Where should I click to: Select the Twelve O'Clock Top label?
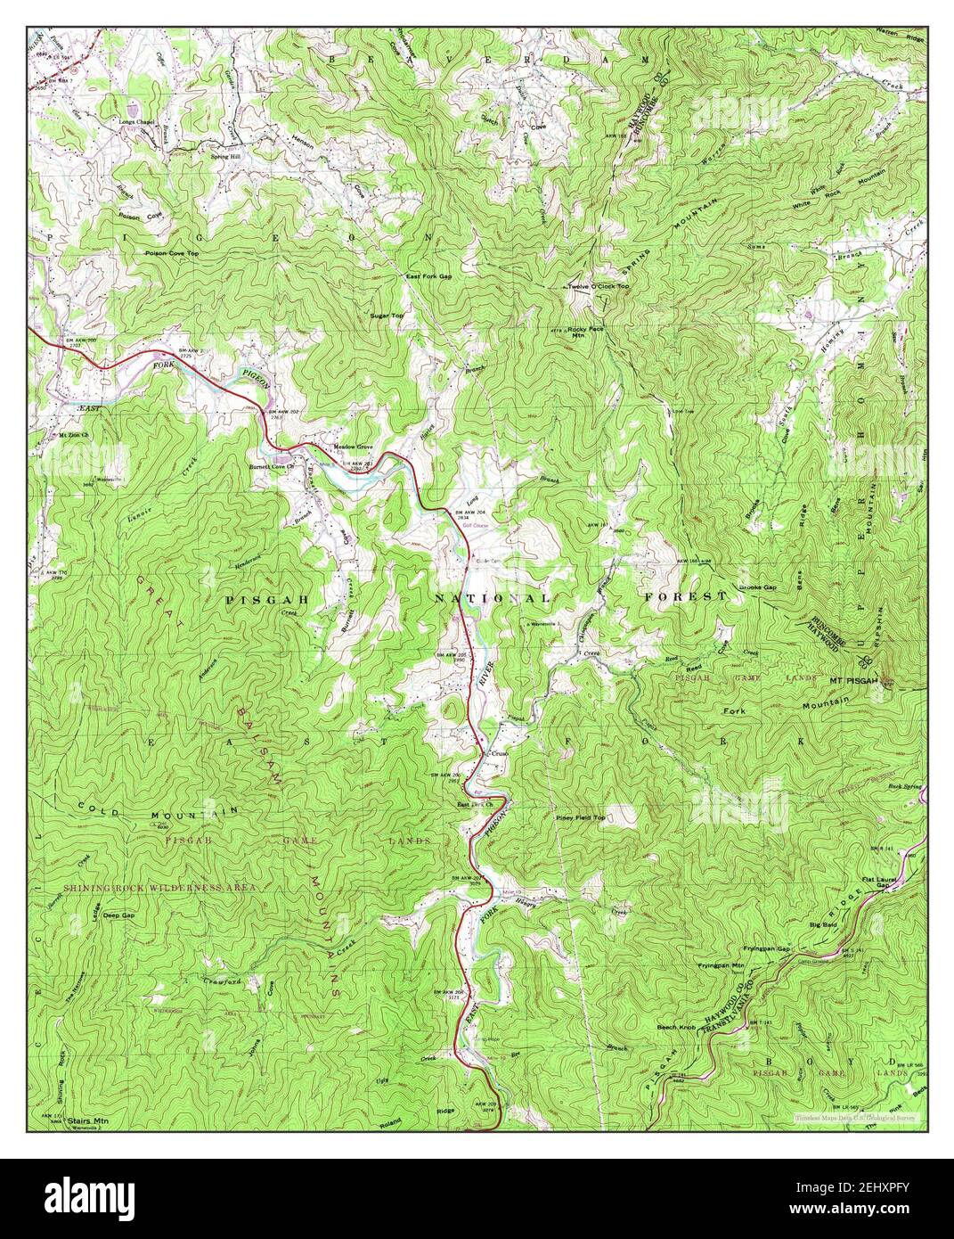[599, 287]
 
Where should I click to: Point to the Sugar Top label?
[387, 316]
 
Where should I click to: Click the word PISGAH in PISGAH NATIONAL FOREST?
[266, 600]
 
